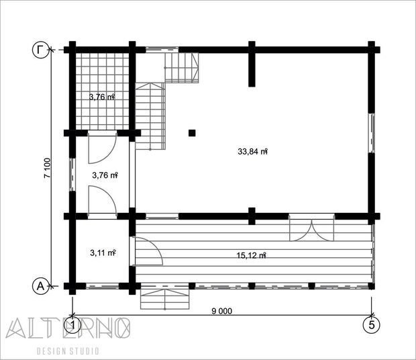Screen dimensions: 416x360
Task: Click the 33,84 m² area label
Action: (x=252, y=152)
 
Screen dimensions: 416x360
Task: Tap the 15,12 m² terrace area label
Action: (x=251, y=255)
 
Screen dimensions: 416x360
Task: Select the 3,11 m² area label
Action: (x=103, y=253)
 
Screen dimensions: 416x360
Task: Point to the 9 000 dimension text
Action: (x=222, y=311)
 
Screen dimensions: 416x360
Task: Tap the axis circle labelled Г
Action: (x=41, y=50)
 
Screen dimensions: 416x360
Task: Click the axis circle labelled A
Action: (x=40, y=286)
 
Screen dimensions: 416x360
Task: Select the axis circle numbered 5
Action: (x=372, y=324)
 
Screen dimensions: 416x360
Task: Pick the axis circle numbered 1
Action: (x=72, y=324)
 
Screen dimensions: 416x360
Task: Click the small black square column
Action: (x=192, y=133)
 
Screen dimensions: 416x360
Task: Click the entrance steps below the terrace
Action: (x=165, y=300)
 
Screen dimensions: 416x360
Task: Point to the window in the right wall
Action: (x=372, y=133)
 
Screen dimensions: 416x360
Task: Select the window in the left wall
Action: (x=72, y=175)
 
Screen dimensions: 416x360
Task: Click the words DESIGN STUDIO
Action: (x=68, y=351)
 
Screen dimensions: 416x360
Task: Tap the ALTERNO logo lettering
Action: (x=68, y=328)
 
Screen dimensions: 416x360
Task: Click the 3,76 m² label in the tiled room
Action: (x=102, y=97)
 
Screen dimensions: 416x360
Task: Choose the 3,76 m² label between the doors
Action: (x=105, y=175)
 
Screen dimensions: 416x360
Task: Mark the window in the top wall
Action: (x=162, y=50)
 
